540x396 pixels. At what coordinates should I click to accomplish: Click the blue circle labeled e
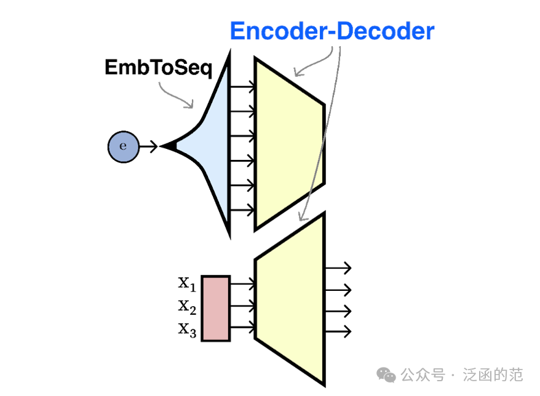pos(122,146)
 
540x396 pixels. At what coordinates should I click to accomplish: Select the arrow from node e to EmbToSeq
pos(148,146)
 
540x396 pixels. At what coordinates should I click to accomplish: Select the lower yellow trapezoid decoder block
pos(289,301)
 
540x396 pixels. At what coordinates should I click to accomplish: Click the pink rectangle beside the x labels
pos(215,308)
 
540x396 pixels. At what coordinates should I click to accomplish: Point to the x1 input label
pos(187,283)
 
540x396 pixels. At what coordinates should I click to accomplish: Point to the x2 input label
pos(187,306)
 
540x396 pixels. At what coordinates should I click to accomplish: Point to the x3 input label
pos(187,330)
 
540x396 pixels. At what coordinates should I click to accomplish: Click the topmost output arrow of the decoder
pos(338,267)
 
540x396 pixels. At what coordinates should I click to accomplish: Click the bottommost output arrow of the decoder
pos(338,330)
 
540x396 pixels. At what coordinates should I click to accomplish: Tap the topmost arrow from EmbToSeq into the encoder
pos(242,87)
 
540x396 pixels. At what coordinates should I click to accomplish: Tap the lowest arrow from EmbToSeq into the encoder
pos(242,209)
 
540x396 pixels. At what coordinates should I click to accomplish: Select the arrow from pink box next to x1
pos(242,283)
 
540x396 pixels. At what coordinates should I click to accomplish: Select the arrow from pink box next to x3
pos(242,327)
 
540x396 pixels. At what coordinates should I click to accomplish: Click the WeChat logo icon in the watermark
pos(386,374)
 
